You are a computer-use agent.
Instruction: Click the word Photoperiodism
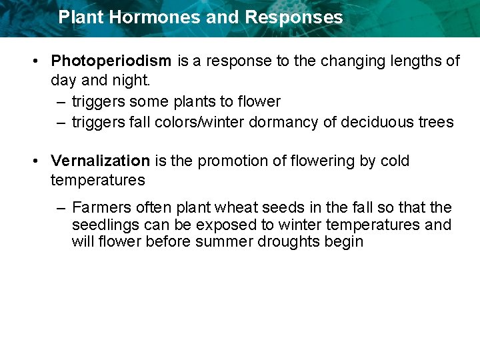(111, 61)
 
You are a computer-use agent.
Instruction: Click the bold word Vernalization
(101, 161)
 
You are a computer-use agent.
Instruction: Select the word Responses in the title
(293, 17)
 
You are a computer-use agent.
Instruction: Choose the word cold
(393, 161)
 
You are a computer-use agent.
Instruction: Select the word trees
(435, 123)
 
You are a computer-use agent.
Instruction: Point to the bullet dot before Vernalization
(33, 161)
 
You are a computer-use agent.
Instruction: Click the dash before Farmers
(60, 208)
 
